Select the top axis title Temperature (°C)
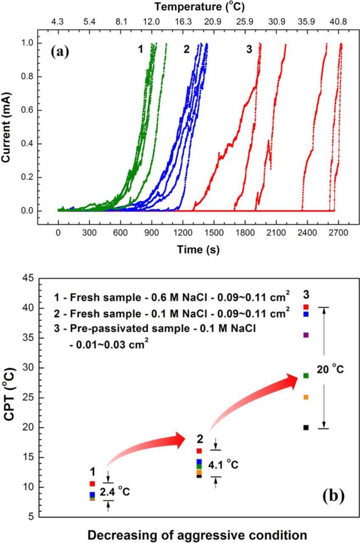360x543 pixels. (x=199, y=7)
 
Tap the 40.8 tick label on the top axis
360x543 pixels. (x=338, y=20)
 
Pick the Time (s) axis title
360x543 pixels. (x=199, y=250)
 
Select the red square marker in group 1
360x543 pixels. (x=92, y=483)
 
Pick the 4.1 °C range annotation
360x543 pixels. (x=222, y=465)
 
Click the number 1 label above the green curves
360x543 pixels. (x=140, y=50)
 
